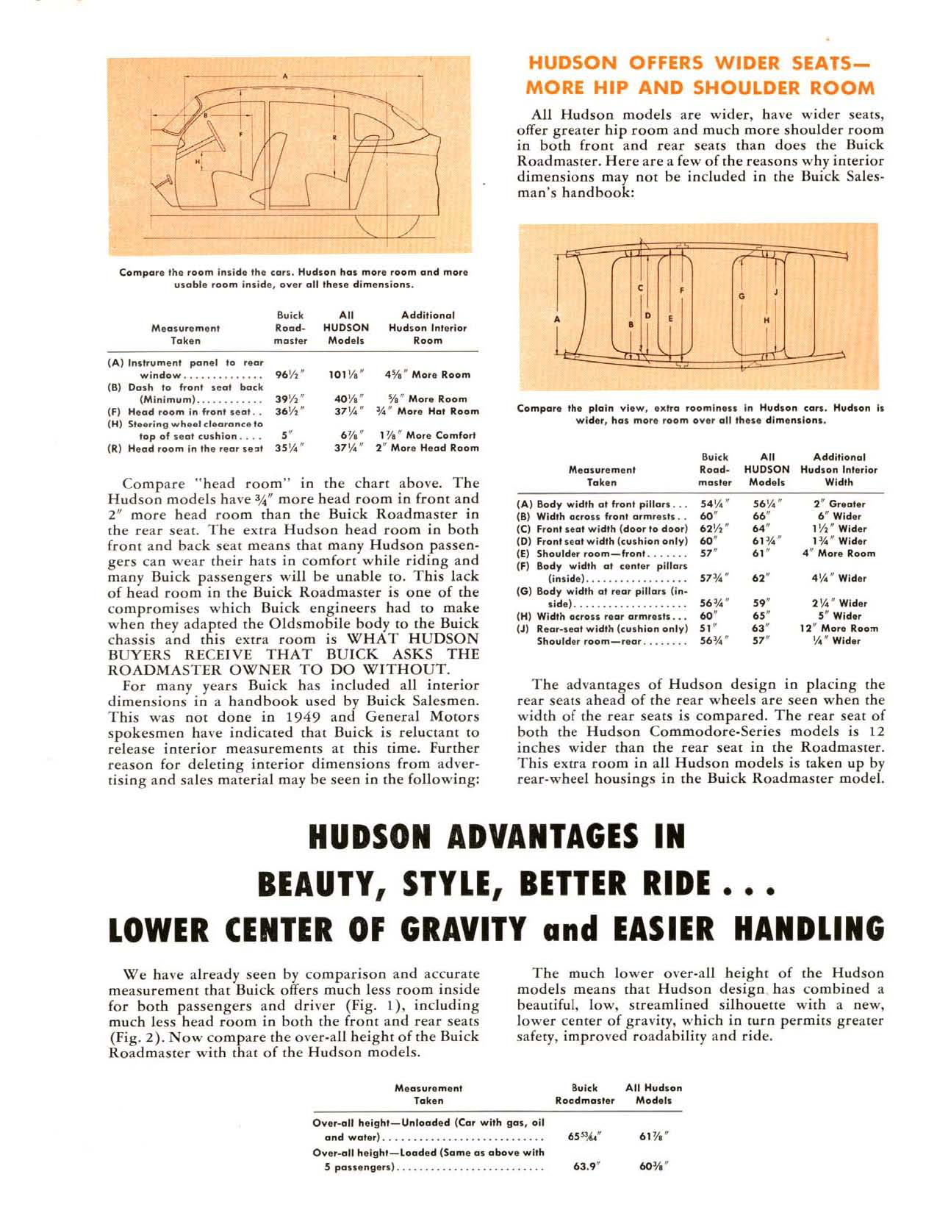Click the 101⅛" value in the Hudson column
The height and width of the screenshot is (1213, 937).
(345, 375)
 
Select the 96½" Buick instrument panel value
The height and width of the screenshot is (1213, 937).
(290, 375)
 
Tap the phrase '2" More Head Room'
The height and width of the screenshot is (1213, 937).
(427, 448)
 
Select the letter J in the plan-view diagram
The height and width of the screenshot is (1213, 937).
(776, 291)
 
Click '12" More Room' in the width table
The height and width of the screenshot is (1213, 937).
(839, 629)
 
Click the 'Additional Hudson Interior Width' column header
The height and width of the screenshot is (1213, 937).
(839, 470)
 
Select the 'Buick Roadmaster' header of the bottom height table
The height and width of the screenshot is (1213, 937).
(585, 1094)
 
